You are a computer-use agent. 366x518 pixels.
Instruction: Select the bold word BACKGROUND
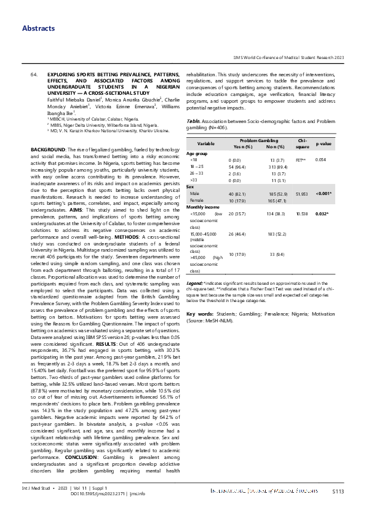click(x=47, y=150)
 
